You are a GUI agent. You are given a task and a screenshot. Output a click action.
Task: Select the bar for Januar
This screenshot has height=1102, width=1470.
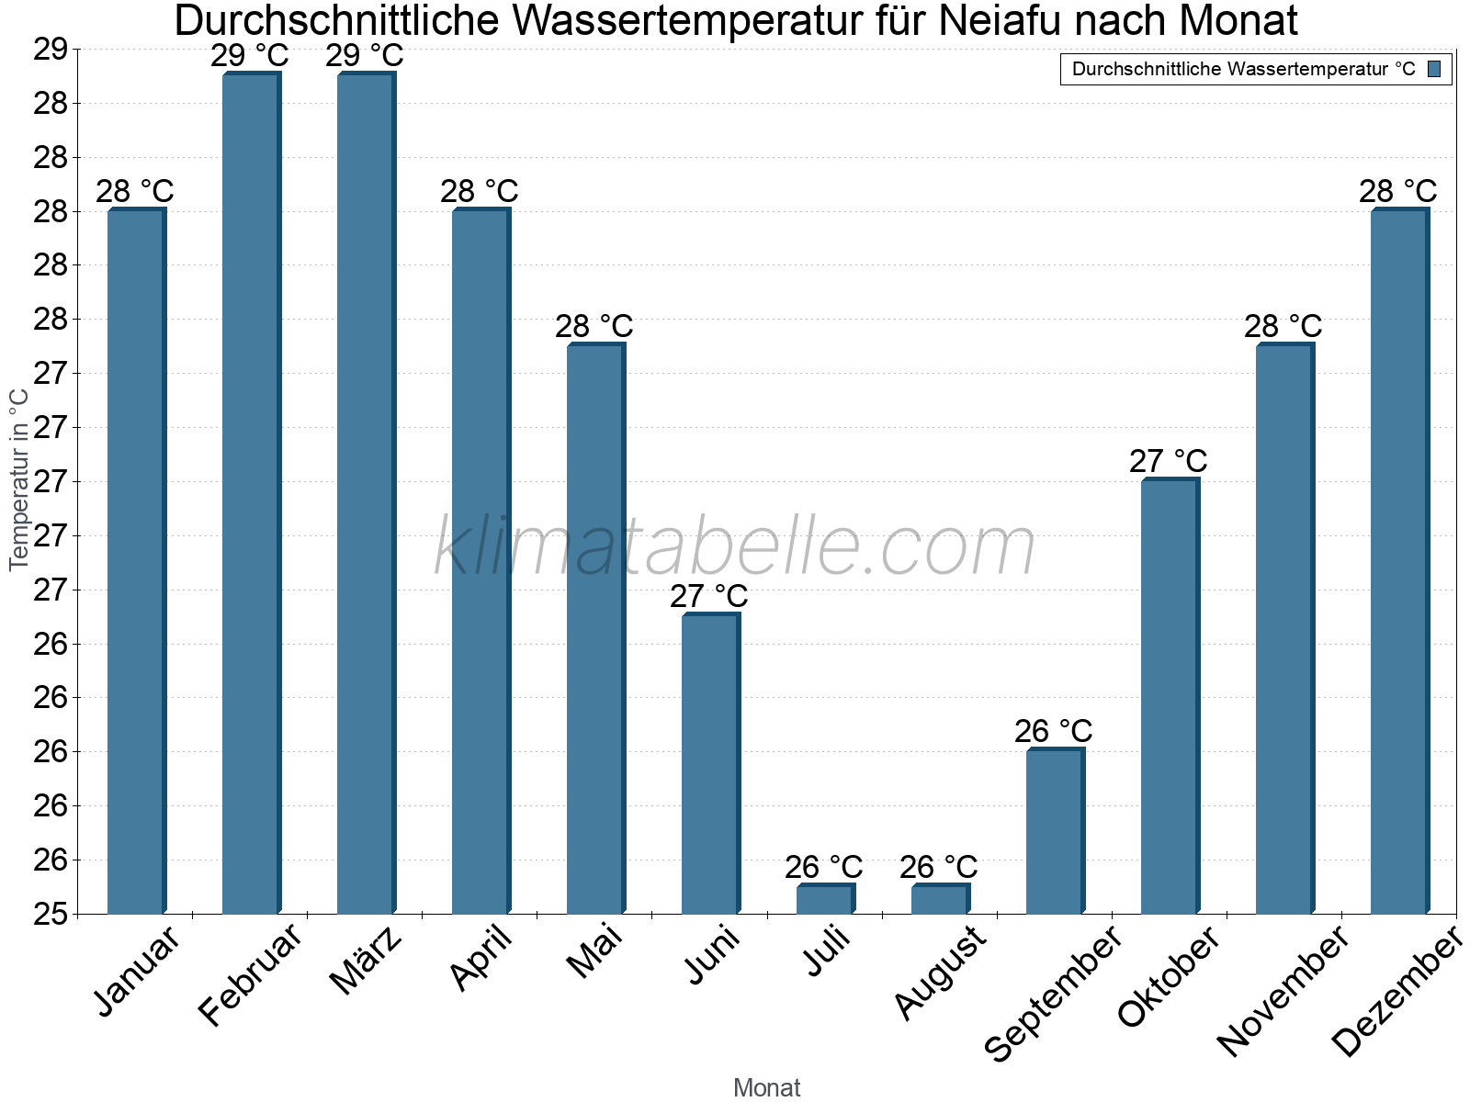(136, 562)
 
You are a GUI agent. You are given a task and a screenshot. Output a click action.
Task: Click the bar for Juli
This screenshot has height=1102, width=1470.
(825, 899)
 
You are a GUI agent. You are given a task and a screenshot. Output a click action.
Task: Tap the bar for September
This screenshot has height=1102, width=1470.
(1055, 832)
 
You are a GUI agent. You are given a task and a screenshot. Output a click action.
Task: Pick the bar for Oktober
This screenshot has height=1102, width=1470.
(1170, 696)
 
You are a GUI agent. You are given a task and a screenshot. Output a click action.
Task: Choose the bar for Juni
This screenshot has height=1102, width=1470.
(710, 764)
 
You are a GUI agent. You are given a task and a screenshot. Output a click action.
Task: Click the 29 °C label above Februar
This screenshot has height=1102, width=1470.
(250, 56)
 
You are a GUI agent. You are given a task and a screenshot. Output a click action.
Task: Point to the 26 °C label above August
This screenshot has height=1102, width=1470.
(939, 867)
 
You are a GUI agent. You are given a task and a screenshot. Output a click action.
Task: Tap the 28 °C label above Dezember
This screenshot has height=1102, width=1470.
(1398, 191)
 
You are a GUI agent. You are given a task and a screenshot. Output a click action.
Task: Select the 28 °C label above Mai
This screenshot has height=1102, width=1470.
(594, 326)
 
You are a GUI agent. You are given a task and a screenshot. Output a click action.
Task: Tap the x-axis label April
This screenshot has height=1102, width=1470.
(481, 960)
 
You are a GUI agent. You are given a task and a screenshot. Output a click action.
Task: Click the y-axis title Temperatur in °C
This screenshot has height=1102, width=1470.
(18, 479)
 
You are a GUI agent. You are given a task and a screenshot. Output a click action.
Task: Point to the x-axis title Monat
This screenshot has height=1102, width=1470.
(767, 1088)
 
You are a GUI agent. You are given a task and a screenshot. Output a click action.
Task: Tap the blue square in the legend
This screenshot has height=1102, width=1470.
(1435, 69)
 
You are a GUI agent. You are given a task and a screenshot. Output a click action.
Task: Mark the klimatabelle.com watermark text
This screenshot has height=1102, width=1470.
(735, 546)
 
